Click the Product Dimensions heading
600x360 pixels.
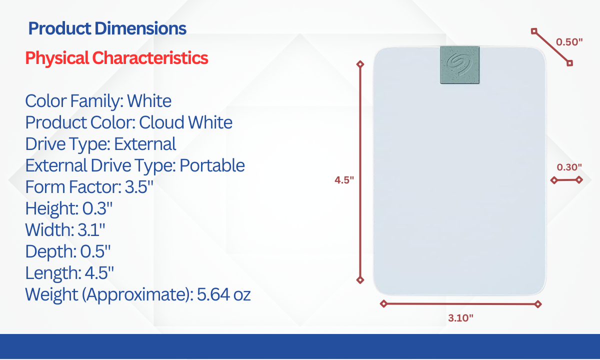tap(107, 28)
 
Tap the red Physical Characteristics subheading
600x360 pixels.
tap(117, 58)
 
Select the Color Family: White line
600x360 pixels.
tap(98, 101)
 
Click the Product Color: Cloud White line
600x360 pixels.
tap(129, 123)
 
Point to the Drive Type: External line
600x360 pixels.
tap(100, 144)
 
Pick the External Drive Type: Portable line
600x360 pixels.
tap(135, 166)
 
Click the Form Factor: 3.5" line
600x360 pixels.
tap(89, 186)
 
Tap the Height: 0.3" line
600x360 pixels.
tap(69, 208)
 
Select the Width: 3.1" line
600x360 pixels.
tap(65, 229)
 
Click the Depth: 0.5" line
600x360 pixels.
tap(68, 251)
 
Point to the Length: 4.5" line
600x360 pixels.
tap(69, 273)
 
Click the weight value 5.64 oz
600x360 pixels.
tap(223, 294)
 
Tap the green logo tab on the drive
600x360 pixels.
tap(459, 65)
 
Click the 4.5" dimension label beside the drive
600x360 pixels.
tap(344, 180)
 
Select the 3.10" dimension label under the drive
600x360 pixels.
tap(460, 318)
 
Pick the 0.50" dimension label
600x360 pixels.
tap(569, 42)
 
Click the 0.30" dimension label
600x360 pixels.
tap(569, 167)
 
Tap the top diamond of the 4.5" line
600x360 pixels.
tap(360, 64)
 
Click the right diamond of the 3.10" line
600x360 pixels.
tap(538, 304)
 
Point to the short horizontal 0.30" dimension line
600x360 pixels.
tap(566, 180)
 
